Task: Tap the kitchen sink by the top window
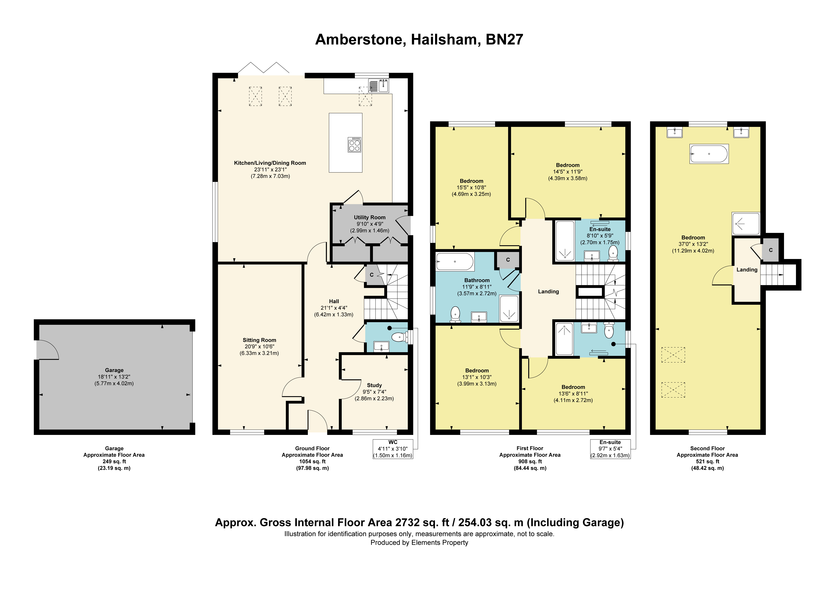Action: [x=379, y=86]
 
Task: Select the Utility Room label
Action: [x=369, y=217]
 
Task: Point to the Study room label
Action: [x=374, y=385]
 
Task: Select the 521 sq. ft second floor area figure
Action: [x=707, y=461]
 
